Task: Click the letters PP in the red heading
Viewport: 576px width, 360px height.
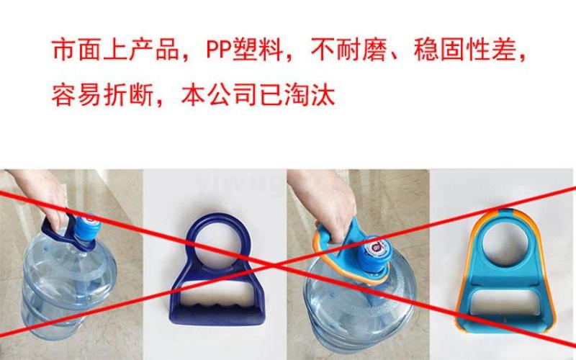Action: point(219,50)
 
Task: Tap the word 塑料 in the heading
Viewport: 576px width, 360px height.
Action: point(258,50)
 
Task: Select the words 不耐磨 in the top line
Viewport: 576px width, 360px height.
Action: point(349,50)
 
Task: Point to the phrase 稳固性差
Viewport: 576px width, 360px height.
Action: point(465,50)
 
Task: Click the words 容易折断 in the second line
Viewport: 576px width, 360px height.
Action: point(102,96)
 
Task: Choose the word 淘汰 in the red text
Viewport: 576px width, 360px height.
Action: point(310,96)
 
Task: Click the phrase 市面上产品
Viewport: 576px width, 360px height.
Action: point(115,50)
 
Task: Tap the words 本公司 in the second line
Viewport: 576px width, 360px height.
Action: point(220,96)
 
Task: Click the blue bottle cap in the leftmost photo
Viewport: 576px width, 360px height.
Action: point(85,228)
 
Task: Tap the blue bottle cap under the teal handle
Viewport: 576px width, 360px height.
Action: point(374,253)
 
